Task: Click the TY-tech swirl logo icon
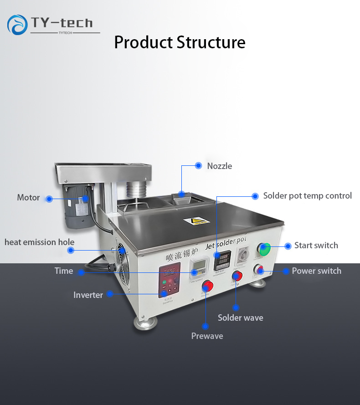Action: pyautogui.click(x=17, y=25)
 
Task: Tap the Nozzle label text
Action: pyautogui.click(x=219, y=166)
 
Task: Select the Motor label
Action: pyautogui.click(x=28, y=198)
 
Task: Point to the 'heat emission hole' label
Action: pyautogui.click(x=39, y=242)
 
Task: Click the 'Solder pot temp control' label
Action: pyautogui.click(x=307, y=195)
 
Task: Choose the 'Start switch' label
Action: pyautogui.click(x=316, y=245)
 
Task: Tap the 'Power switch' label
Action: pyautogui.click(x=316, y=271)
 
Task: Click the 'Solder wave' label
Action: pyautogui.click(x=240, y=318)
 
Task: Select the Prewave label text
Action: pyautogui.click(x=207, y=336)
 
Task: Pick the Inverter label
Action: pyautogui.click(x=88, y=295)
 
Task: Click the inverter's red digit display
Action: pyautogui.click(x=168, y=272)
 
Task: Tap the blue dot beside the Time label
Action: pyautogui.click(x=81, y=272)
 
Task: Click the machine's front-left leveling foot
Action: pyautogui.click(x=145, y=322)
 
